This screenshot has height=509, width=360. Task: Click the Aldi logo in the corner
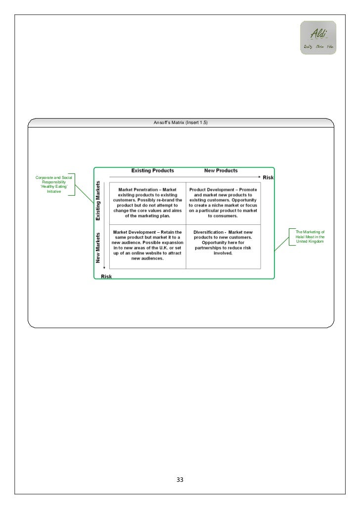click(x=317, y=38)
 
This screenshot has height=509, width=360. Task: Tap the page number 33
click(x=180, y=480)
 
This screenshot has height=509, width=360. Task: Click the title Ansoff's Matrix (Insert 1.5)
click(x=180, y=123)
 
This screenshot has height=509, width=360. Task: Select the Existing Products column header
click(x=152, y=170)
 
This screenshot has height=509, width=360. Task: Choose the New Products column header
click(x=221, y=170)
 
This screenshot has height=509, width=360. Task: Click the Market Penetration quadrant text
click(x=148, y=202)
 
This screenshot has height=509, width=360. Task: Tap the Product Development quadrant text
click(x=223, y=202)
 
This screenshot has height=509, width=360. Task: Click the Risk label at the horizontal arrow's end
click(x=268, y=177)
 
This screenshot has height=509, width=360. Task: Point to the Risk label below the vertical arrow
click(x=106, y=276)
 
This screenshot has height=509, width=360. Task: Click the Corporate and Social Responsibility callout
click(x=54, y=184)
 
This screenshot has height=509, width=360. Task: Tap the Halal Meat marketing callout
click(x=310, y=236)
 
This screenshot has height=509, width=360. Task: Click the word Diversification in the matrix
click(x=208, y=231)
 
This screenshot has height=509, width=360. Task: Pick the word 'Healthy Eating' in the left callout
click(x=53, y=186)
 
